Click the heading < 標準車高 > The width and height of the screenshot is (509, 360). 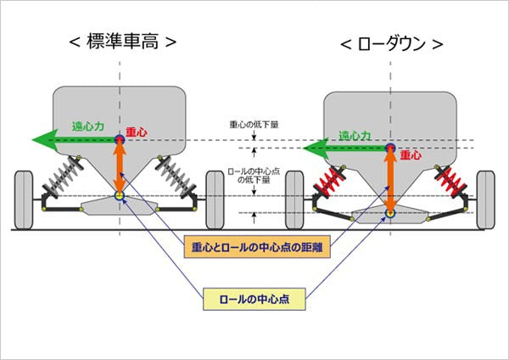point(123,41)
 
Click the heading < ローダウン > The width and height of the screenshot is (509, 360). point(391,43)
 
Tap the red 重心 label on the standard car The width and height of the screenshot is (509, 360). point(137,132)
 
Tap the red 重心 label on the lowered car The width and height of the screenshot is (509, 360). point(411,156)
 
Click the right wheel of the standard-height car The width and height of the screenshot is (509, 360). point(215,199)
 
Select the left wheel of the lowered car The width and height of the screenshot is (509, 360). point(294,200)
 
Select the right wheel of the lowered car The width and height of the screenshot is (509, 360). point(485,200)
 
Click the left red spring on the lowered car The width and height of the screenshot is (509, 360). point(329,180)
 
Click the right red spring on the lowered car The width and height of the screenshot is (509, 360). point(450,180)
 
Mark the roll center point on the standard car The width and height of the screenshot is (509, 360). point(120,197)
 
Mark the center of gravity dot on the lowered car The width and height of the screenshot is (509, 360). point(391,149)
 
